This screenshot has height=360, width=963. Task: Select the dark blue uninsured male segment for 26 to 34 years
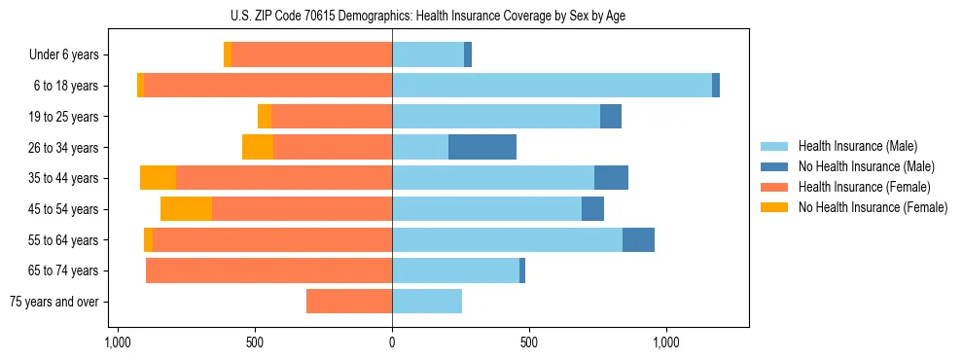[482, 147]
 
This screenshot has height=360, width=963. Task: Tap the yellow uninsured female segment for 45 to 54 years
[186, 208]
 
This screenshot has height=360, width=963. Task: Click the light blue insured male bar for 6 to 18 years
[552, 86]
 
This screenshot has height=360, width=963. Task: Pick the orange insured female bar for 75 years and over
[349, 302]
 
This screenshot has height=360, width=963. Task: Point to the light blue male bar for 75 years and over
[427, 302]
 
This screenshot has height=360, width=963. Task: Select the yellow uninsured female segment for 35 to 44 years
[158, 178]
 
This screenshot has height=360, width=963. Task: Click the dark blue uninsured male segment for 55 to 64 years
[638, 239]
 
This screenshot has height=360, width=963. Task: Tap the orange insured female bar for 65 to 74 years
[268, 270]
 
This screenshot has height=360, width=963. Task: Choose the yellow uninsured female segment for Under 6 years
[228, 54]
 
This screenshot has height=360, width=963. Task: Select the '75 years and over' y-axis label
[53, 302]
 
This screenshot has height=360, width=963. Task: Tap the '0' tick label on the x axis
[392, 342]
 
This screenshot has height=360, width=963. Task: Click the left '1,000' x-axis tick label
[117, 342]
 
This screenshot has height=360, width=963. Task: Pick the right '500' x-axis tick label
[529, 342]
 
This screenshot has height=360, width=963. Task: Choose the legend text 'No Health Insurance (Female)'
[873, 207]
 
